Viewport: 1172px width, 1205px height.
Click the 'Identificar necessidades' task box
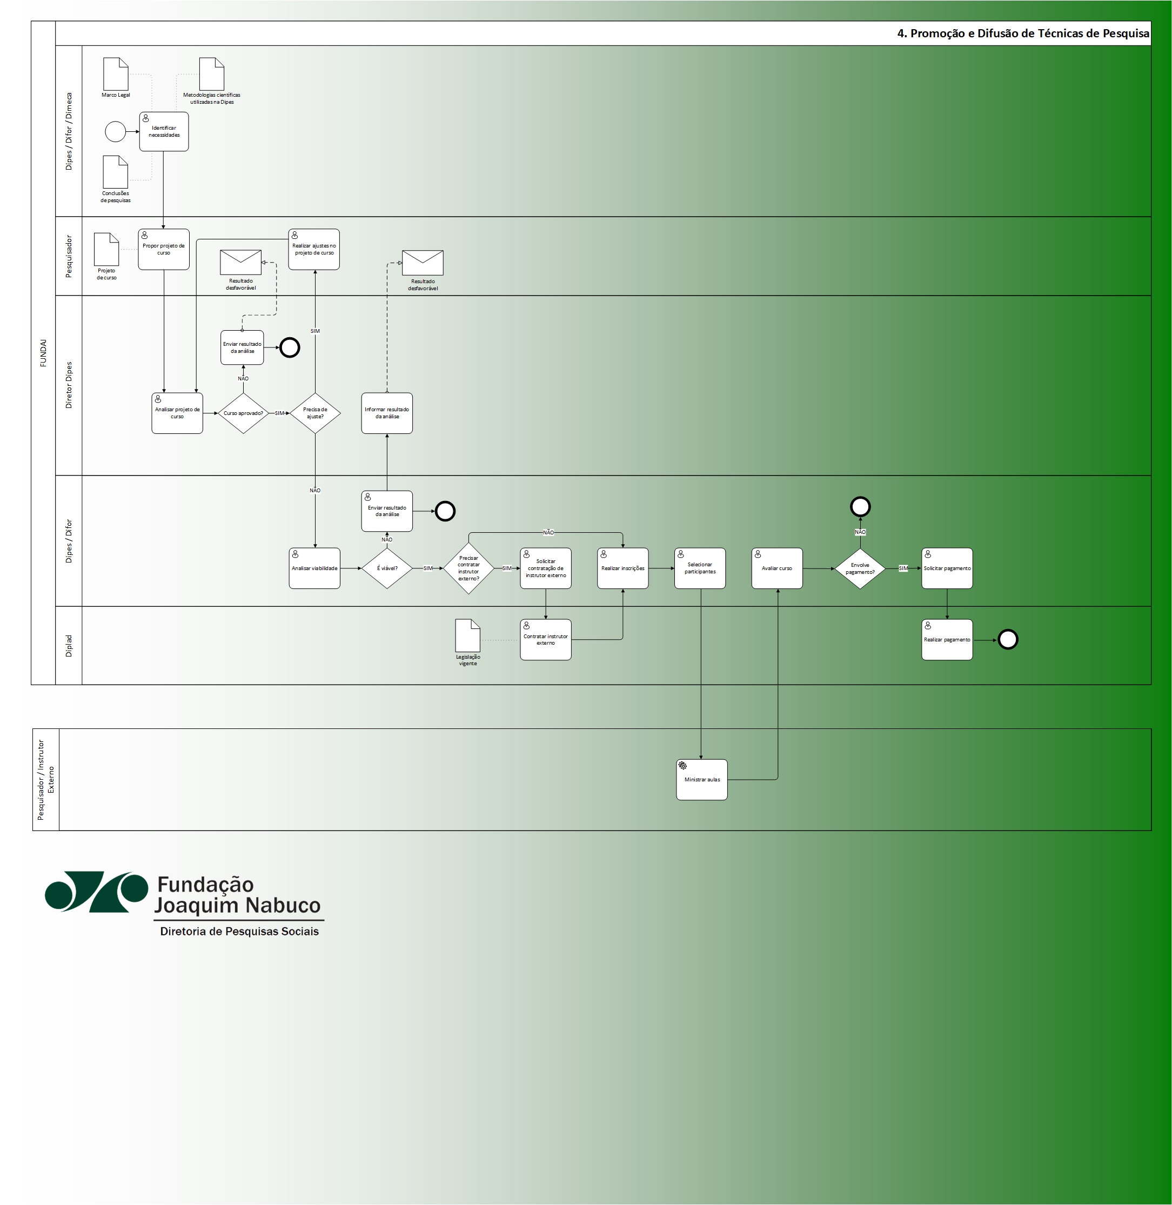click(164, 132)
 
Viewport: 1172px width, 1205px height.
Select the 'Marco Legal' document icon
click(116, 75)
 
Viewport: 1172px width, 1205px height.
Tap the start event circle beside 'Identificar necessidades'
click(115, 132)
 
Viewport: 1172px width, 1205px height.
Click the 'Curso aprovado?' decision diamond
click(243, 413)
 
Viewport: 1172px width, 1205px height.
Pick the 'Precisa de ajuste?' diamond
click(315, 413)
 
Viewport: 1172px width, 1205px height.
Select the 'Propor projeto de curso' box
click(164, 249)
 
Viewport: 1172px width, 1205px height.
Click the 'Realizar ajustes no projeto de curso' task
click(314, 249)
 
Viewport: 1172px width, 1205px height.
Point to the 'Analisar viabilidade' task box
click(314, 568)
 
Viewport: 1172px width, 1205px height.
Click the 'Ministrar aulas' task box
click(702, 780)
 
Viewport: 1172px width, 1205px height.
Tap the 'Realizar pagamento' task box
click(947, 640)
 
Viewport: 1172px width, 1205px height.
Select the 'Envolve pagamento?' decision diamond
click(860, 568)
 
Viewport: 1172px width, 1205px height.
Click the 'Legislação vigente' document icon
click(468, 635)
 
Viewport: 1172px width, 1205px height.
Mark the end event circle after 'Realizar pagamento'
click(1008, 640)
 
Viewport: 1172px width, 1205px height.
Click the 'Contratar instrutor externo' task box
click(545, 640)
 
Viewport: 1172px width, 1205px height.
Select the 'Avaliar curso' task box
click(777, 568)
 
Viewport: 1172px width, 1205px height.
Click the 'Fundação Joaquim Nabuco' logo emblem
click(97, 892)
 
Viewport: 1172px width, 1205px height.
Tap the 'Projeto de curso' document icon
click(106, 249)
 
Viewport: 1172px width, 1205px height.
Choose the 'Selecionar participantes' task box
click(700, 568)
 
